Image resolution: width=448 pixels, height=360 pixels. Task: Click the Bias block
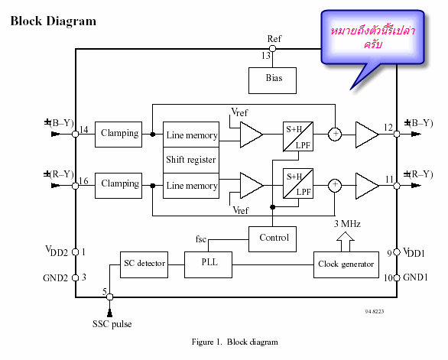pyautogui.click(x=272, y=80)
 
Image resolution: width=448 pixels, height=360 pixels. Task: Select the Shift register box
pyautogui.click(x=191, y=160)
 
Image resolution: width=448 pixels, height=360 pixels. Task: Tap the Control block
pyautogui.click(x=272, y=239)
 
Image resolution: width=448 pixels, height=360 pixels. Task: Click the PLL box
pyautogui.click(x=208, y=265)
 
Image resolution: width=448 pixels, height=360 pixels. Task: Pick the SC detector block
pyautogui.click(x=144, y=265)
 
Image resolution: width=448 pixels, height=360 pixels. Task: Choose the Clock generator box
pyautogui.click(x=346, y=265)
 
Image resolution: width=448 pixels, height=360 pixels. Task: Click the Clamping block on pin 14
pyautogui.click(x=118, y=135)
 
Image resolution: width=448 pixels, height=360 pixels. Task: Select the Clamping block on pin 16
pyautogui.click(x=118, y=186)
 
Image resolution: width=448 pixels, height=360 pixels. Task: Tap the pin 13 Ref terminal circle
pyautogui.click(x=273, y=49)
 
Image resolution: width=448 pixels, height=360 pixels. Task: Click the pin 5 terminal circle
pyautogui.click(x=110, y=297)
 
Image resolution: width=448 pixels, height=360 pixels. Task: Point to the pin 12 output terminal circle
pyautogui.click(x=397, y=134)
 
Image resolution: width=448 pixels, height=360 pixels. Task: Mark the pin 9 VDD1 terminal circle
pyautogui.click(x=397, y=252)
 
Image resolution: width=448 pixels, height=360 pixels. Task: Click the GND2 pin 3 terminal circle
pyautogui.click(x=76, y=277)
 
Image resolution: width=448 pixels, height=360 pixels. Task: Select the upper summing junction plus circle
pyautogui.click(x=335, y=134)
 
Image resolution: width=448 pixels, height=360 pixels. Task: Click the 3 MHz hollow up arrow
pyautogui.click(x=346, y=242)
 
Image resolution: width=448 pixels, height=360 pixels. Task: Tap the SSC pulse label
pyautogui.click(x=112, y=324)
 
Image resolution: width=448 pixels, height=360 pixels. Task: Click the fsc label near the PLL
pyautogui.click(x=201, y=239)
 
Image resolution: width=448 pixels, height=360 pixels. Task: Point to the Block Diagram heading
pyautogui.click(x=54, y=21)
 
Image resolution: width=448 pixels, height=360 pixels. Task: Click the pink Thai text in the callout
pyautogui.click(x=373, y=37)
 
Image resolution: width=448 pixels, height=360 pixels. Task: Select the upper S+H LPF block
pyautogui.click(x=298, y=137)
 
